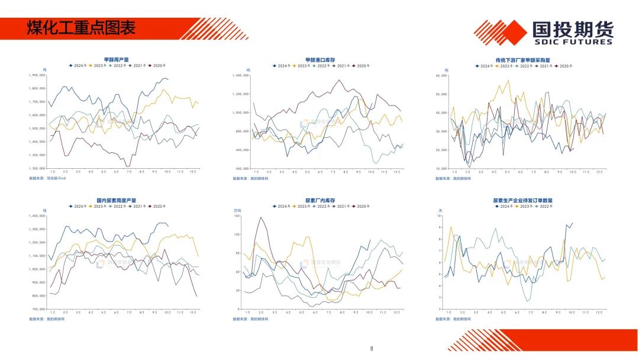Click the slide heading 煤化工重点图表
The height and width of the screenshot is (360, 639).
coord(81,27)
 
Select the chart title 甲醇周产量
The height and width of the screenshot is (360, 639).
coord(116,60)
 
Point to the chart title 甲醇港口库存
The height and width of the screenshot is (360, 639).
coord(320,60)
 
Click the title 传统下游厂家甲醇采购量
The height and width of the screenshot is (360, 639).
coord(522,60)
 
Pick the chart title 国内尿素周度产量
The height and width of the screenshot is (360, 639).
coord(116,201)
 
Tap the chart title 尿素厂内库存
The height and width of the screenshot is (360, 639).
coord(320,201)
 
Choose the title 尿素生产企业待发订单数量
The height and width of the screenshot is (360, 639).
coord(522,201)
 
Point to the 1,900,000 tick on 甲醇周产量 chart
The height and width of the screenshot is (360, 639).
coord(37,75)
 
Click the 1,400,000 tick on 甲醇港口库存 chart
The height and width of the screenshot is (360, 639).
coord(241,75)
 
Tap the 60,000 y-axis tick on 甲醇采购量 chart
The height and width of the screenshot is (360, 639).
coord(441,75)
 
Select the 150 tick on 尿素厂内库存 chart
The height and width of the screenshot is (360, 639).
coord(237,216)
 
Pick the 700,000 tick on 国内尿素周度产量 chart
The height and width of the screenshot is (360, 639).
coord(38,309)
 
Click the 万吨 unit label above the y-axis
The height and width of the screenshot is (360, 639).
coord(237,210)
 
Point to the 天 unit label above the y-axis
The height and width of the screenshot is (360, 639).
coord(440,210)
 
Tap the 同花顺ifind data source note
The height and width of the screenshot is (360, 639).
coord(47,178)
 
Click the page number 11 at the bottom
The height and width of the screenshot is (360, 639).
coord(371,348)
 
